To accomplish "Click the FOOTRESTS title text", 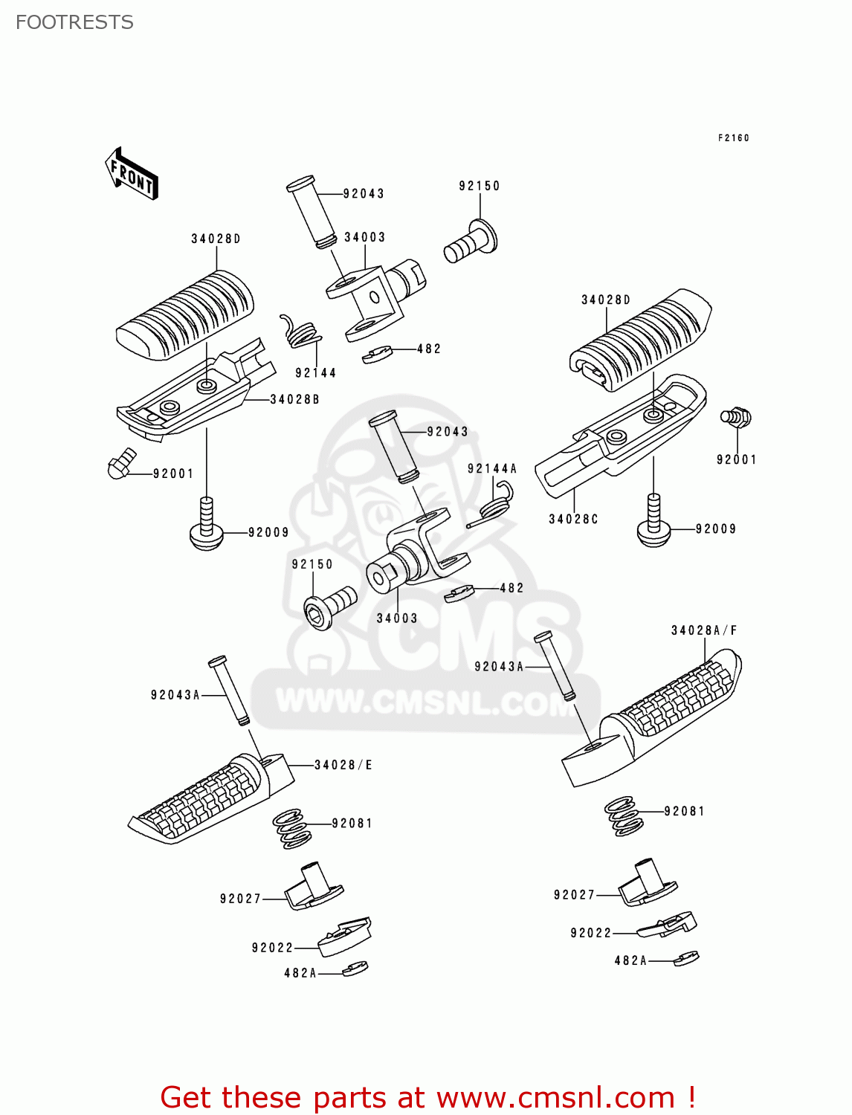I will tap(74, 22).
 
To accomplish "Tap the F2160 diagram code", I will tap(733, 138).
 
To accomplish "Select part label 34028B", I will tap(294, 400).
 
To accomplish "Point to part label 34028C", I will tap(573, 520).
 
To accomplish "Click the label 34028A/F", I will tap(703, 631).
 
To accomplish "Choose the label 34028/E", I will tap(343, 765).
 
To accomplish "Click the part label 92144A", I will tap(491, 469).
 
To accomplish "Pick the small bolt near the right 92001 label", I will tap(736, 417).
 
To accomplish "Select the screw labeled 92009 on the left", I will tap(207, 526).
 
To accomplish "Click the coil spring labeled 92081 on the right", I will tap(623, 815).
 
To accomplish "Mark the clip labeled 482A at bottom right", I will tap(685, 958).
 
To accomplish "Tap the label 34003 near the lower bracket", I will tap(396, 618).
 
